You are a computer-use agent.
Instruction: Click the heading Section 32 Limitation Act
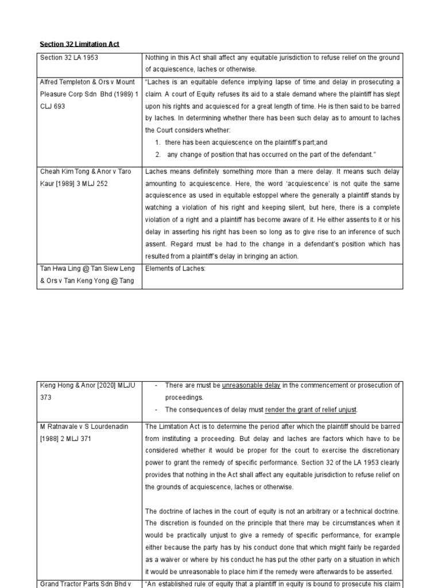point(79,44)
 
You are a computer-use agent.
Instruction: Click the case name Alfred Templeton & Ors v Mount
point(87,82)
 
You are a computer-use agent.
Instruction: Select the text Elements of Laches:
point(175,268)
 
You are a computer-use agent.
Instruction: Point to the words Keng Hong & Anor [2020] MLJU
point(87,385)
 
